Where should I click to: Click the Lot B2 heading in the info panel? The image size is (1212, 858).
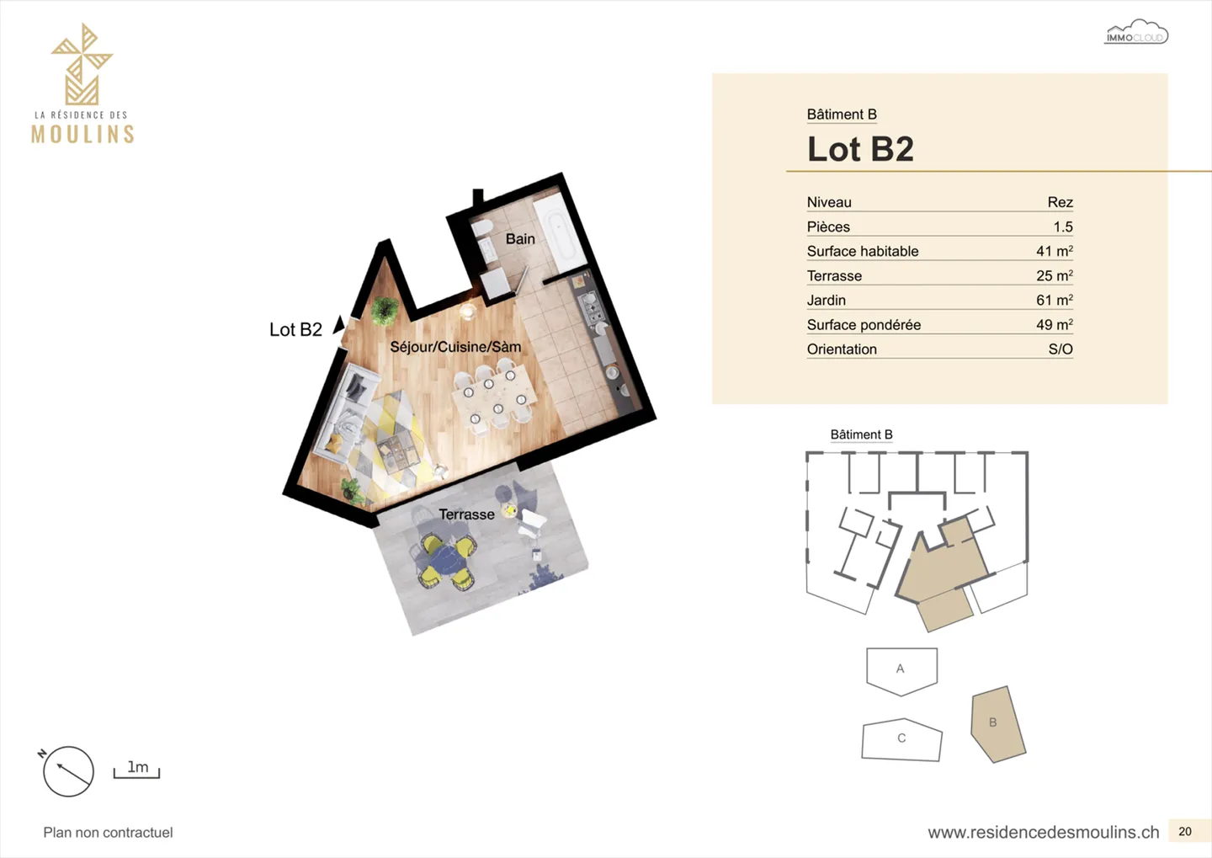(x=860, y=149)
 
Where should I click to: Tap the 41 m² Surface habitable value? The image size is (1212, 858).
(x=1055, y=251)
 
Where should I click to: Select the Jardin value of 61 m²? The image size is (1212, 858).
(x=1055, y=300)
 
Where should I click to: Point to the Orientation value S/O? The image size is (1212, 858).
(x=1060, y=349)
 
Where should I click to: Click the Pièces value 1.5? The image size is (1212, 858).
(x=1063, y=226)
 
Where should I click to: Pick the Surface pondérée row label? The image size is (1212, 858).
(x=864, y=325)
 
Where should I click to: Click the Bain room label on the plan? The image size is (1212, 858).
(x=520, y=239)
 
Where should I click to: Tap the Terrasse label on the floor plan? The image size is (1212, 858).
(x=466, y=514)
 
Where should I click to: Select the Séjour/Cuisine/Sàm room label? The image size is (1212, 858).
(x=455, y=347)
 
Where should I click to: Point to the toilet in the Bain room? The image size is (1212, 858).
(x=481, y=228)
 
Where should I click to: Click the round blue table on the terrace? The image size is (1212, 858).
(x=447, y=560)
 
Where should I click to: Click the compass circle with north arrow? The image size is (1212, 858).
(x=68, y=771)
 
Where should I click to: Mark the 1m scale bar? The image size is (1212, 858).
(x=136, y=773)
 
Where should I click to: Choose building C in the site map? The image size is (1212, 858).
(x=901, y=739)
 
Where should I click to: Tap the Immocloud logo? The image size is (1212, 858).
(x=1135, y=32)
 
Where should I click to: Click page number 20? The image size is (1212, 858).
(x=1185, y=831)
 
